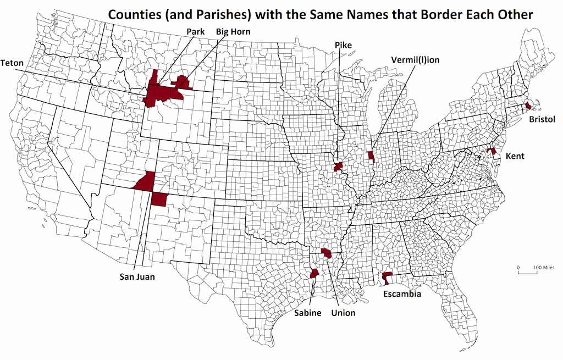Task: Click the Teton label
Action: coord(12,63)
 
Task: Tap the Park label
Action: coord(196,32)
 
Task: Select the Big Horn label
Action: coord(233,32)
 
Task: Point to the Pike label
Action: coord(343,45)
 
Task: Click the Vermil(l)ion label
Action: coord(415,59)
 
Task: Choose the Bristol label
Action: coord(542,119)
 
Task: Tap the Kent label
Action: coord(515,156)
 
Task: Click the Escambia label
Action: coord(402,295)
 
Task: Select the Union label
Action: coord(343,313)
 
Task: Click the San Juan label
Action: coord(137,277)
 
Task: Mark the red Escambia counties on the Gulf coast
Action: coord(387,278)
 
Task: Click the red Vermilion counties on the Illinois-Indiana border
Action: coord(371,157)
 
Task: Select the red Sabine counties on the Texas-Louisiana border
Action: coord(314,273)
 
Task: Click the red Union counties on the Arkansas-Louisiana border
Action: coord(327,253)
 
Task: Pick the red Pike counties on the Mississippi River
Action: coord(339,167)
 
